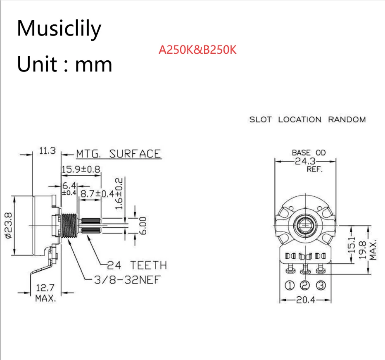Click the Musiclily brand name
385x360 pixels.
pyautogui.click(x=59, y=29)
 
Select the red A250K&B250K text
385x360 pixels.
pyautogui.click(x=197, y=50)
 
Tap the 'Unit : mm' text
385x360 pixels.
pyautogui.click(x=64, y=64)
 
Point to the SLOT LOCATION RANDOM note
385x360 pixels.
pyautogui.click(x=307, y=120)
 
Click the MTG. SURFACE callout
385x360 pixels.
pyautogui.click(x=118, y=154)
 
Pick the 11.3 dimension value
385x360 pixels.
pyautogui.click(x=47, y=151)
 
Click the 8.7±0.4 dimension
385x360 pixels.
pyautogui.click(x=97, y=193)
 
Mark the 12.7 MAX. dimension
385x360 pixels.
pyautogui.click(x=45, y=293)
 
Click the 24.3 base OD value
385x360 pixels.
pyautogui.click(x=306, y=161)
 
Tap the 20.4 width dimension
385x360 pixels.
pyautogui.click(x=306, y=300)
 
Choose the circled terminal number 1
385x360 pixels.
pyautogui.click(x=290, y=285)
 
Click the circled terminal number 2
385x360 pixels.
pyautogui.click(x=306, y=285)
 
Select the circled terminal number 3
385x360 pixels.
pyautogui.click(x=321, y=285)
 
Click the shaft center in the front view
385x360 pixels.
pyautogui.click(x=306, y=226)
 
